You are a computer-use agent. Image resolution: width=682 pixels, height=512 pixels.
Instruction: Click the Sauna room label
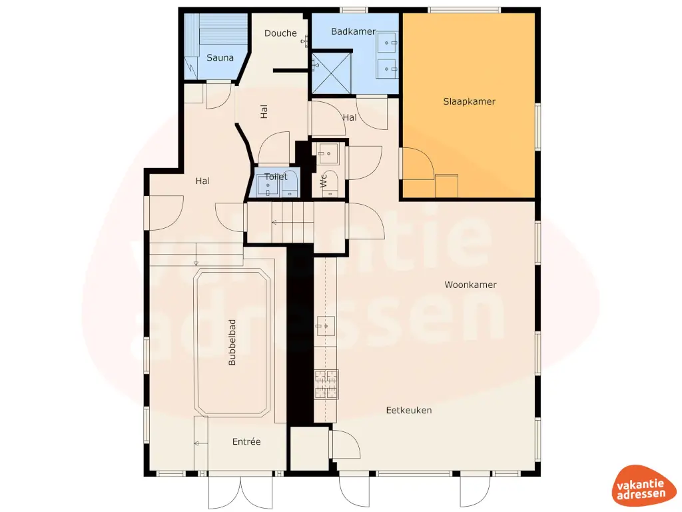tap(220, 58)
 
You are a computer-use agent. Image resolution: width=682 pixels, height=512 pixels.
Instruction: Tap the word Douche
tap(280, 33)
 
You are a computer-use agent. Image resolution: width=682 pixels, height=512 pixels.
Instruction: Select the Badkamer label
tap(353, 31)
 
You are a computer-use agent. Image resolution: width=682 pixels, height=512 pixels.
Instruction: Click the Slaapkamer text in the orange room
tap(470, 102)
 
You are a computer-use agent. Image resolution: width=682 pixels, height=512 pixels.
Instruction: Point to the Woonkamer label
tap(471, 285)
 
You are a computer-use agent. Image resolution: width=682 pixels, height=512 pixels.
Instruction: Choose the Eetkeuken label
tap(409, 410)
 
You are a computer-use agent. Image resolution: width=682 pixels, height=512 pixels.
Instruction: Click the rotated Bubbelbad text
tap(232, 343)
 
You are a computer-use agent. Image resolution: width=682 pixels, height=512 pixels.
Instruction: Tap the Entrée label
tap(246, 442)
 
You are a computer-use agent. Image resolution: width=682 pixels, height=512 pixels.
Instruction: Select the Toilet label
tap(276, 177)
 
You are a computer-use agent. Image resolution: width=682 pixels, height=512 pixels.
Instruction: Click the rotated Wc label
tap(324, 181)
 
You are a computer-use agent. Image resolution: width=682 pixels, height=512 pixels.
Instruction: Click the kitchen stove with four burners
tap(326, 384)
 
